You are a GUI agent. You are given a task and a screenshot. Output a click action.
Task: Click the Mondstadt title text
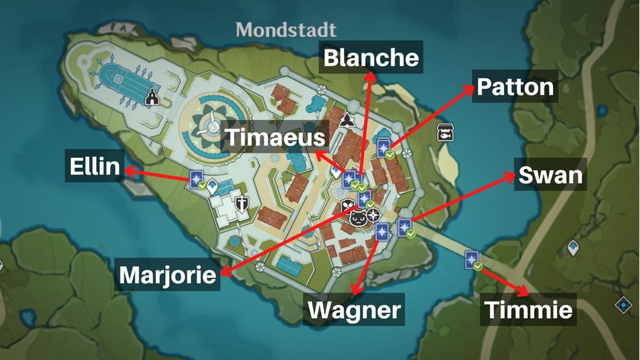pos(287,29)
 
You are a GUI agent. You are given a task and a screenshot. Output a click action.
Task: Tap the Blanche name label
pos(371,58)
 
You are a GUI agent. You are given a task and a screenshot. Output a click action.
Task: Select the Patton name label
pos(515,87)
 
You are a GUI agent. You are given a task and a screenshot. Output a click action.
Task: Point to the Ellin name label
pos(94,167)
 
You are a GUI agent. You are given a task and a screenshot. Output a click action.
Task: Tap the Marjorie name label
pos(168,275)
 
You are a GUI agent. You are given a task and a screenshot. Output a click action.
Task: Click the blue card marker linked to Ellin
pos(197,179)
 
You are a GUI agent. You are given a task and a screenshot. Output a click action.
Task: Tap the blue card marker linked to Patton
pos(384,148)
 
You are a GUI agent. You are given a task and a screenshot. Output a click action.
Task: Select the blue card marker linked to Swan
pos(404,227)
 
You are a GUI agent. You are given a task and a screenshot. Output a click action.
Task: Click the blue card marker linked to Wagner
pos(382,232)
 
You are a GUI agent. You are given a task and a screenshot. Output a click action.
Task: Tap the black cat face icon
pos(358,217)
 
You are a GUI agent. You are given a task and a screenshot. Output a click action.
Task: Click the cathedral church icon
pos(151,97)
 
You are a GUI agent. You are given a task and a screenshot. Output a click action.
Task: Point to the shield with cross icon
pos(242,204)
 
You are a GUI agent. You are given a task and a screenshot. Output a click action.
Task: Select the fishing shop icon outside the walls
pos(445,133)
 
